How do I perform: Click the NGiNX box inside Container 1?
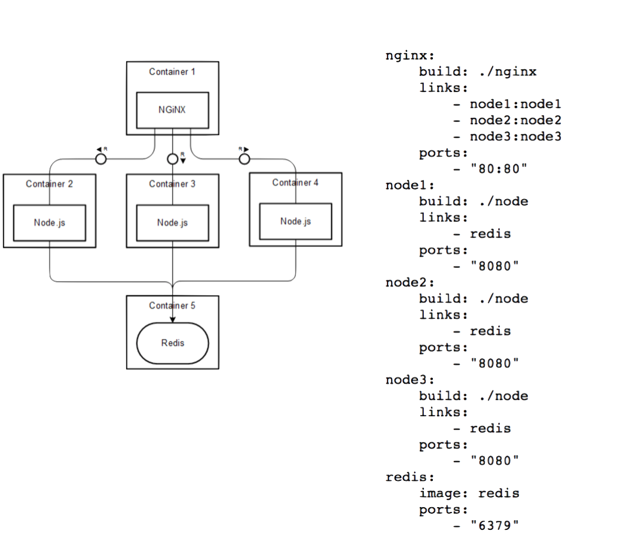pyautogui.click(x=172, y=110)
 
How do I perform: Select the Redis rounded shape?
pyautogui.click(x=172, y=343)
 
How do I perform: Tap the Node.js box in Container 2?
pyautogui.click(x=50, y=222)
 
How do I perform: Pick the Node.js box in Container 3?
pyautogui.click(x=172, y=222)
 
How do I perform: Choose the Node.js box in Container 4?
pyautogui.click(x=295, y=221)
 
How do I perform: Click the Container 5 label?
pyautogui.click(x=172, y=306)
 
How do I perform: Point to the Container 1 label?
pyautogui.click(x=172, y=72)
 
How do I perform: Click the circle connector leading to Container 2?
pyautogui.click(x=101, y=159)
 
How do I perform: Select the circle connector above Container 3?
pyautogui.click(x=172, y=159)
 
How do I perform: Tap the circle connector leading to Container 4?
pyautogui.click(x=245, y=159)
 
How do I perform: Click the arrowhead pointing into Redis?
pyautogui.click(x=172, y=319)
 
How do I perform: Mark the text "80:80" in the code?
pyautogui.click(x=499, y=169)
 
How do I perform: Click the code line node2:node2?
pyautogui.click(x=515, y=120)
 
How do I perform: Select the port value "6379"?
pyautogui.click(x=494, y=526)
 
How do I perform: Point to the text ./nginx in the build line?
pyautogui.click(x=508, y=72)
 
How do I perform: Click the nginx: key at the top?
pyautogui.click(x=410, y=56)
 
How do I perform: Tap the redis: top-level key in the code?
pyautogui.click(x=410, y=477)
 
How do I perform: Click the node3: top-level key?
pyautogui.click(x=410, y=380)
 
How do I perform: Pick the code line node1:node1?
pyautogui.click(x=515, y=104)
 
